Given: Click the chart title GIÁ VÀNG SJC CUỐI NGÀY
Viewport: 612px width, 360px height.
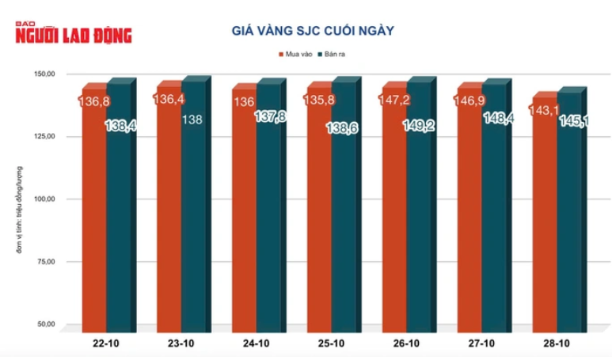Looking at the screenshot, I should pyautogui.click(x=312, y=31).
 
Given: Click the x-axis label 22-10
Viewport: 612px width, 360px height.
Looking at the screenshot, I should pyautogui.click(x=108, y=344).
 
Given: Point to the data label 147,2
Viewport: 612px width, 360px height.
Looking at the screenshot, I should pyautogui.click(x=397, y=100).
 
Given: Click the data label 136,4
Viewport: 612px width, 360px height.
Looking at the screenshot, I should pyautogui.click(x=169, y=100).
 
